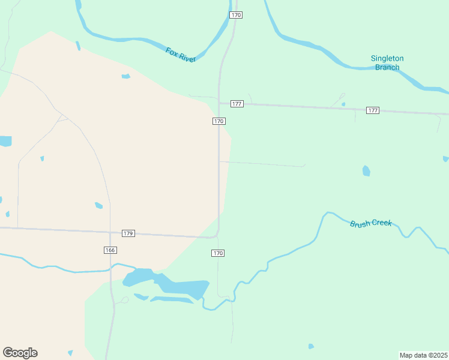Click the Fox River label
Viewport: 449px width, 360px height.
tap(181, 55)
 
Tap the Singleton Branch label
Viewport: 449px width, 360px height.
tap(387, 62)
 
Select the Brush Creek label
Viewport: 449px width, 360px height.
tap(370, 223)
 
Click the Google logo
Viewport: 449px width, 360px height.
tap(20, 353)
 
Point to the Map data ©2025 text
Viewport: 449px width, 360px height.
tap(423, 355)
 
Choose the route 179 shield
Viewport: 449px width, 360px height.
tap(128, 233)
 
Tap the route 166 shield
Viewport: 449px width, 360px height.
tap(110, 250)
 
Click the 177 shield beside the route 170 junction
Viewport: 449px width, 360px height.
tap(237, 104)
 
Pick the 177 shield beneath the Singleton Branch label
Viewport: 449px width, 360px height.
tap(373, 110)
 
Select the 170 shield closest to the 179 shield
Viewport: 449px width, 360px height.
tap(218, 253)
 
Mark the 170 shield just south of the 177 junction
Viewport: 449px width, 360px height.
tap(218, 121)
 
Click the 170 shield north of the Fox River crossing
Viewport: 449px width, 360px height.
tap(236, 14)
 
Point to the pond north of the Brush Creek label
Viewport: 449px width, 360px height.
tap(366, 171)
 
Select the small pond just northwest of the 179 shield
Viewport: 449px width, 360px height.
tap(98, 205)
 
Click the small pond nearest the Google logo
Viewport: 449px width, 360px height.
tap(70, 353)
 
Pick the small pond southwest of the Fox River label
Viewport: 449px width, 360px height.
tap(125, 76)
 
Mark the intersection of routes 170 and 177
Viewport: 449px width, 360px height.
tap(220, 103)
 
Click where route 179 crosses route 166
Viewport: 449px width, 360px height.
tap(110, 232)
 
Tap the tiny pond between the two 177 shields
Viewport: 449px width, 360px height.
tap(343, 104)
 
